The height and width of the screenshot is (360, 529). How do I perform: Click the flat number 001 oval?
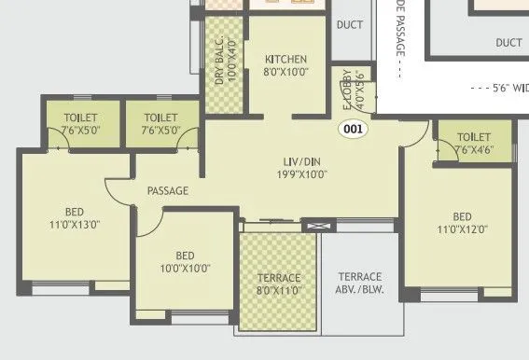coord(355,130)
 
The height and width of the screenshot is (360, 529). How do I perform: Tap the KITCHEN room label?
coord(285,59)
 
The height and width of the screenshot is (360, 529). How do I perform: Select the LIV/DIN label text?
coord(299,159)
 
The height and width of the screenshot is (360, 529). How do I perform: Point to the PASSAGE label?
coord(168,190)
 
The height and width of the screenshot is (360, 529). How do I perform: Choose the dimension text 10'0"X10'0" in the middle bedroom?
coord(185,269)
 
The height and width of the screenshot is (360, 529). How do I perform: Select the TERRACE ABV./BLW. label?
coord(359,283)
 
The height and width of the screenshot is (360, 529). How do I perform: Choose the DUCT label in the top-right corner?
coord(508,42)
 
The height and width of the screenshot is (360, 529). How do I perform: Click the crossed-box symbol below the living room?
coord(317,225)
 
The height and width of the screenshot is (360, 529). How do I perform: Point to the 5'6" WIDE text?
coord(498,90)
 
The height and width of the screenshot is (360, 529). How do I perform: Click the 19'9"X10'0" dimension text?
coord(299,173)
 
